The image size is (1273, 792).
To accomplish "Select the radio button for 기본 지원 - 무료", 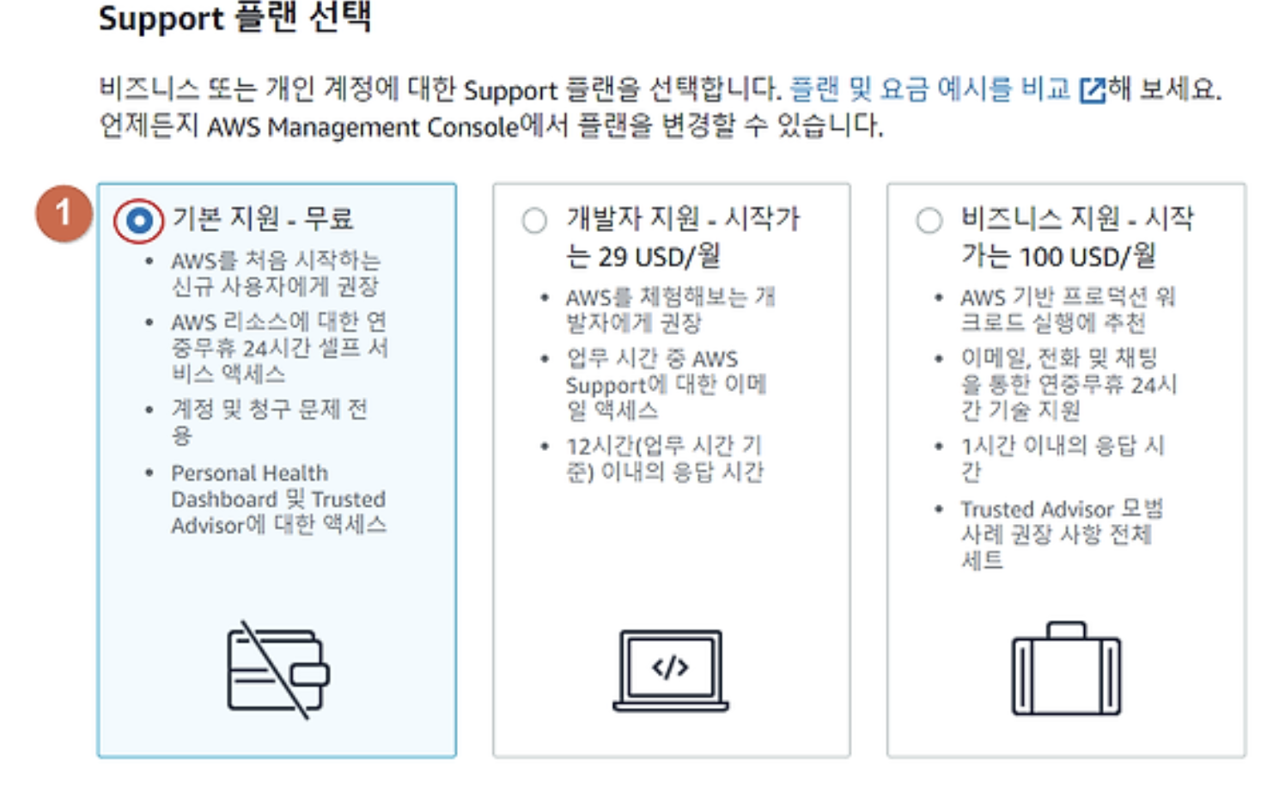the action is [139, 221].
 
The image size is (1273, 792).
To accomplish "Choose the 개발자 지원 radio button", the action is [534, 221].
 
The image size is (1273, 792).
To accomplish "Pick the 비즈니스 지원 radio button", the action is [929, 221].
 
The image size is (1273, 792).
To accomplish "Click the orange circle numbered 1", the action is [63, 213].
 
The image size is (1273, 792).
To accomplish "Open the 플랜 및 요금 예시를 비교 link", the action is [929, 88].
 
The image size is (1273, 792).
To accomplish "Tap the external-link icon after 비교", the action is [1092, 90].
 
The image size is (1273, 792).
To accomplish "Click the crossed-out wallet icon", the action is [277, 669].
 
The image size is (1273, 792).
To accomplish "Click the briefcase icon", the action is [1066, 669].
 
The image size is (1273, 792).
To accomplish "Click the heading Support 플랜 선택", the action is [234, 18].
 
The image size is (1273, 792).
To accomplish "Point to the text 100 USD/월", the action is [1087, 256].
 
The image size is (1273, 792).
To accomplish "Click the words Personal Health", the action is [249, 473].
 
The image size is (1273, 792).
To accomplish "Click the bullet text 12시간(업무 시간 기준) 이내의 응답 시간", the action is [664, 459].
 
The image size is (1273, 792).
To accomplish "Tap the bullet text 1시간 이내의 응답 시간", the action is [1062, 458].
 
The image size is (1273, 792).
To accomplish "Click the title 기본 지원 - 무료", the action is [263, 218].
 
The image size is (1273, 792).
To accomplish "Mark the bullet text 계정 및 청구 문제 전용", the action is [269, 421].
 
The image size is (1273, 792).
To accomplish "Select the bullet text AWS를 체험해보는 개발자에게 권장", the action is [670, 310].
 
